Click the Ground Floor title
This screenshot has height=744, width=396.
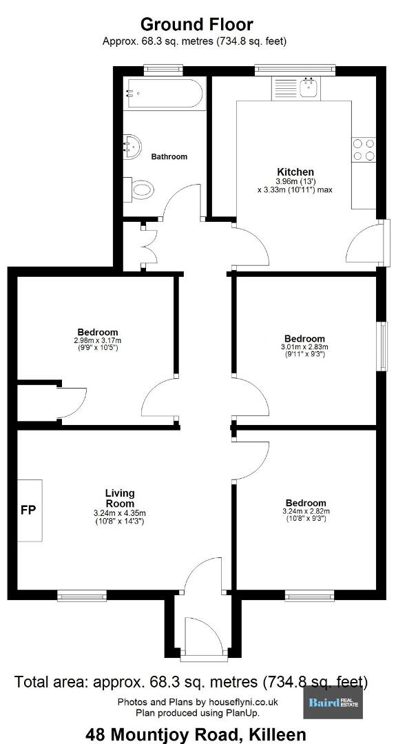tap(197, 23)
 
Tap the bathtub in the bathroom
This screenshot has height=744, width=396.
tap(164, 93)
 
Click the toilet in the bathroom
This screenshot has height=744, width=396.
tap(139, 191)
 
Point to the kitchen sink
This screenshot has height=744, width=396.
tap(309, 88)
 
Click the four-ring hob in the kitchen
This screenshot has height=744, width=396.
tap(364, 149)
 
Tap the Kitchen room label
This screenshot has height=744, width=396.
tap(295, 172)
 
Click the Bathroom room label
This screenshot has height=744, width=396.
tap(169, 156)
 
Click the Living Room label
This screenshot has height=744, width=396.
tap(120, 498)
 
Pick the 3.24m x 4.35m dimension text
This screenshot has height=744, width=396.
tap(120, 513)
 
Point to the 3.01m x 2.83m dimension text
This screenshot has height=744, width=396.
tap(304, 347)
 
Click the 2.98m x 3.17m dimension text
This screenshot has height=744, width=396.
tap(98, 340)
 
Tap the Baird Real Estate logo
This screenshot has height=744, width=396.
tap(333, 703)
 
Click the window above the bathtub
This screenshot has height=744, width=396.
tap(164, 70)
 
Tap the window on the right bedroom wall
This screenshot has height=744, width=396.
tap(382, 346)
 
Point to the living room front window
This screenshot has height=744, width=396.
tap(81, 595)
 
